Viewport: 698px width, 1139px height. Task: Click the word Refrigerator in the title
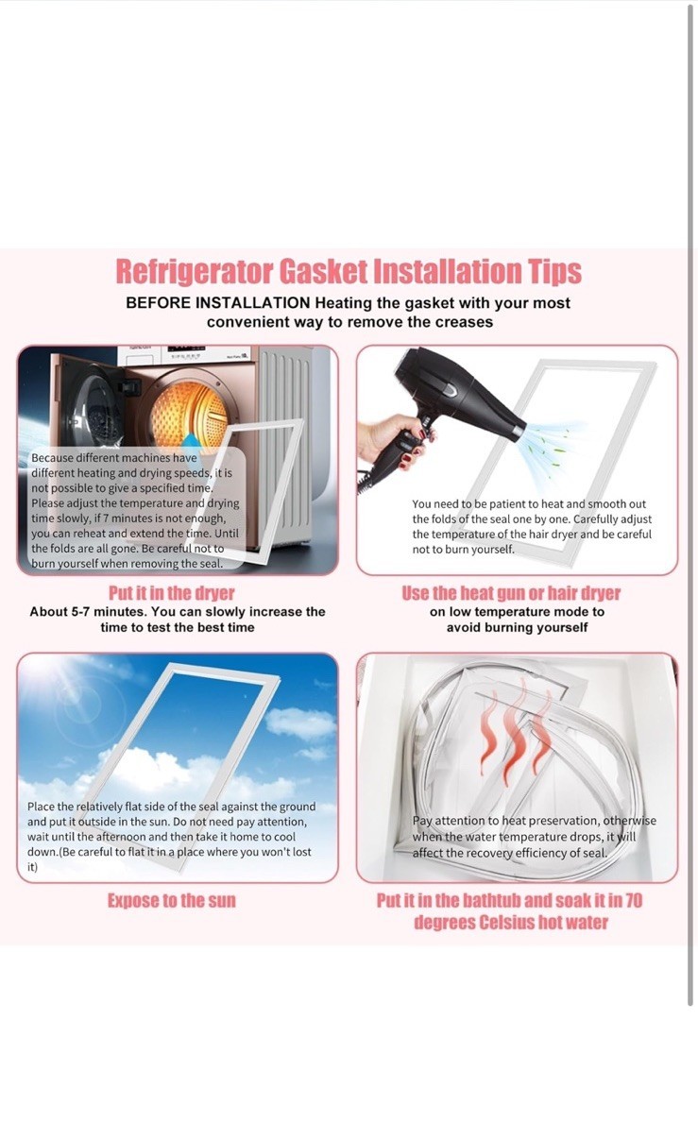195,272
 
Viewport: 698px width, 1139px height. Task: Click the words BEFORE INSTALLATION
218,303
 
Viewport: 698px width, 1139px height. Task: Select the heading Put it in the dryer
171,593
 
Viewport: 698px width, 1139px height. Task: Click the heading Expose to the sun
172,900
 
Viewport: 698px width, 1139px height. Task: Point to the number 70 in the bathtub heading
634,900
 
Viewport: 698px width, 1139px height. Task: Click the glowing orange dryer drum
188,411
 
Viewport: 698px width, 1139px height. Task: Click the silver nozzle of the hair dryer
519,433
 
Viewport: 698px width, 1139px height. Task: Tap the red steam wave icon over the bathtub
516,731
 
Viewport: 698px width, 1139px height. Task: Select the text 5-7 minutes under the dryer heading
103,612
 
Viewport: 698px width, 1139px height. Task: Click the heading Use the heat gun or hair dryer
511,593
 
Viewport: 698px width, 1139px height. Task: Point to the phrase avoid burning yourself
517,627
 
